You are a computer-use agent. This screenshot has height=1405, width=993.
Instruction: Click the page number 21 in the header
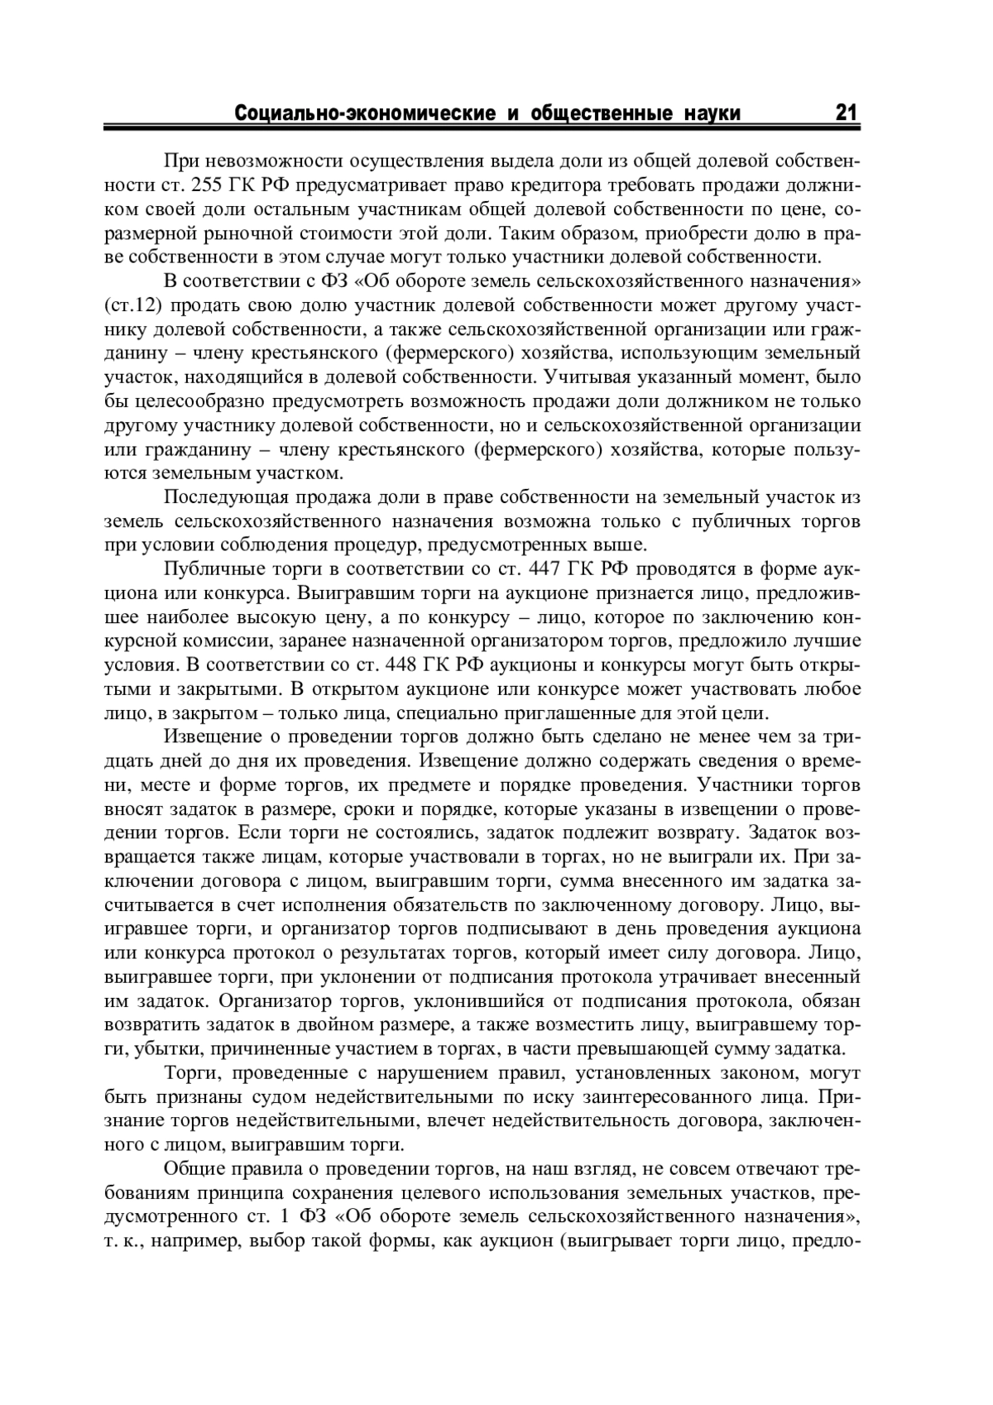click(x=844, y=113)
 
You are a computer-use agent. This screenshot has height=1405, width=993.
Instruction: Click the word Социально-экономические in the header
click(x=364, y=113)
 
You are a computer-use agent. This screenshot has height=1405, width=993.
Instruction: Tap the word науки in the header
click(x=714, y=113)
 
